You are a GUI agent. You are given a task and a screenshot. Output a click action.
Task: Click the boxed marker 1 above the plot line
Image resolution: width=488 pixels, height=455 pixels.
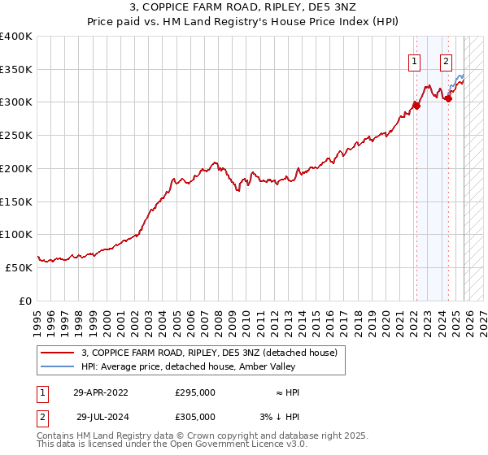[415, 60]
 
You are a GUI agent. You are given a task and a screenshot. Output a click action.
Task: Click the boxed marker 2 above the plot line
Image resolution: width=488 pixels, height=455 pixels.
[447, 60]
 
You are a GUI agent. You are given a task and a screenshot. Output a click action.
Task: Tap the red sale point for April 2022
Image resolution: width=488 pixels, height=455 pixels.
[416, 105]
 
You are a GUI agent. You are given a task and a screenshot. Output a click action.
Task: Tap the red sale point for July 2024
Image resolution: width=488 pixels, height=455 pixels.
[448, 98]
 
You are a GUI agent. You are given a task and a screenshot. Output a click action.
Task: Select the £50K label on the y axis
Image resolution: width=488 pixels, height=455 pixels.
[19, 267]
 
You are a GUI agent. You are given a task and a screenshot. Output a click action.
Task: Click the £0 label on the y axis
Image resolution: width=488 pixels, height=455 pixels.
[24, 301]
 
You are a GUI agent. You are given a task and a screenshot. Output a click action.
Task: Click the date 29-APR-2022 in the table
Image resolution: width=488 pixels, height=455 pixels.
[101, 392]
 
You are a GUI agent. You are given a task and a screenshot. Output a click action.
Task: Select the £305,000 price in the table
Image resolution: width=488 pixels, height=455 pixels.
[195, 416]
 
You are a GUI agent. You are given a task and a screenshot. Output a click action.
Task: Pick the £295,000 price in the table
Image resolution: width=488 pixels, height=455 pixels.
[195, 392]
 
